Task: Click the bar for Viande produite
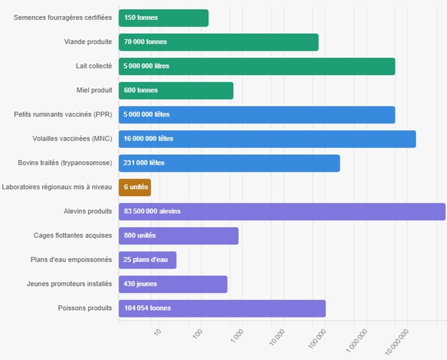[x=219, y=42]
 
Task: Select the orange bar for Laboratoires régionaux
[x=135, y=187]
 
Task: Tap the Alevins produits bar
[x=282, y=211]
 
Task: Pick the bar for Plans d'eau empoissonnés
[x=147, y=260]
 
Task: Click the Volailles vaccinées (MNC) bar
[x=267, y=139]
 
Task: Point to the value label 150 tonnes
[x=141, y=17]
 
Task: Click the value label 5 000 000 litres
[x=146, y=66]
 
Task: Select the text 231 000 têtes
[x=144, y=163]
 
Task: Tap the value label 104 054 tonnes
[x=147, y=308]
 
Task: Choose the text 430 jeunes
[x=140, y=284]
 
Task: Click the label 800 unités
[x=140, y=236]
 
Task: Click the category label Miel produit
[x=94, y=90]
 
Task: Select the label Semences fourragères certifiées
[x=63, y=17]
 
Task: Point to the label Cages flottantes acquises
[x=73, y=236]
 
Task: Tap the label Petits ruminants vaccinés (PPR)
[x=63, y=114]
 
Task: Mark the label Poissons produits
[x=85, y=308]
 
